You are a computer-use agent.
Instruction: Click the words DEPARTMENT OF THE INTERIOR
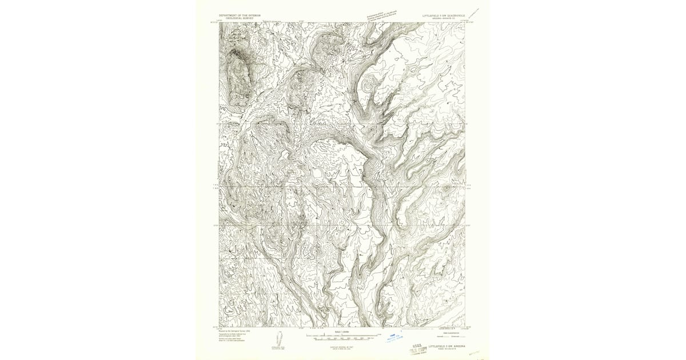tap(240, 15)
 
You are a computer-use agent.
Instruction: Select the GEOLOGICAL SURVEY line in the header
tap(240, 18)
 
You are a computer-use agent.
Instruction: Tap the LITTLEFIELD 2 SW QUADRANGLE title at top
tap(444, 15)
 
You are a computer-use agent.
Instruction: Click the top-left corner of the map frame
tap(219, 23)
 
